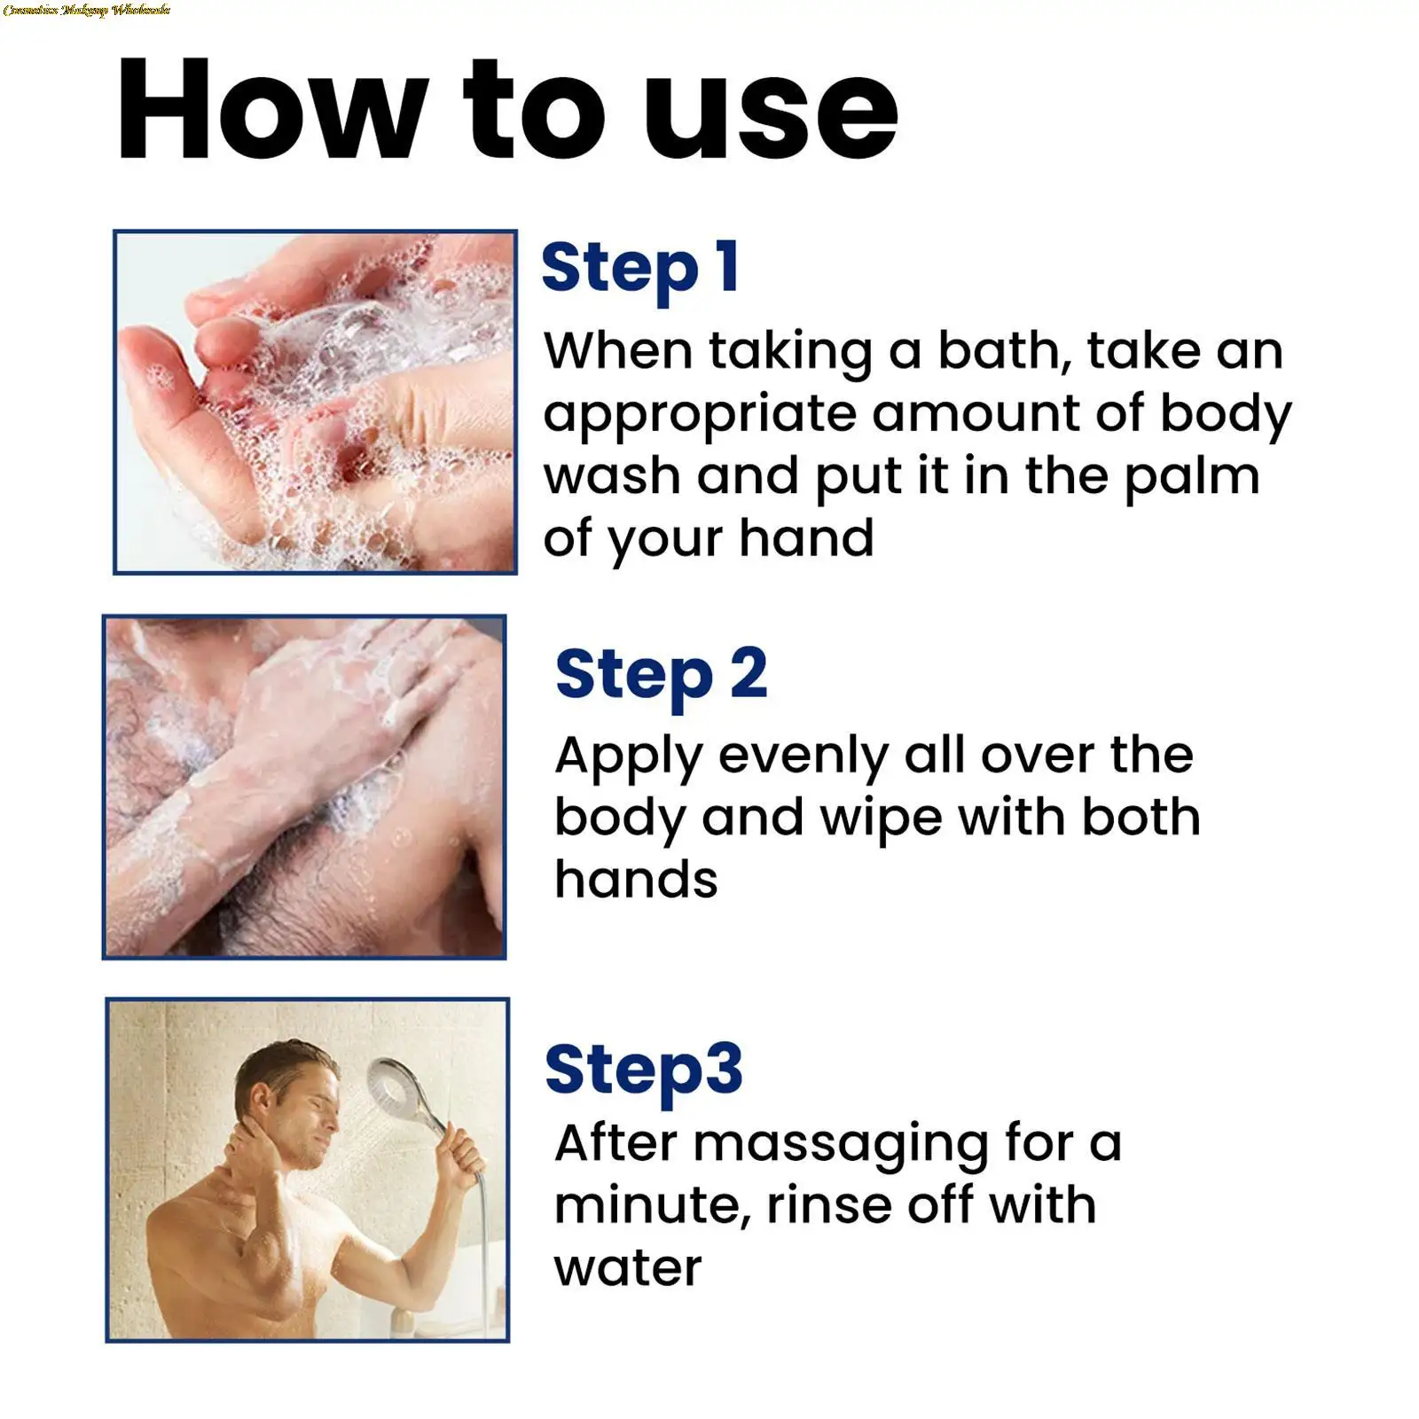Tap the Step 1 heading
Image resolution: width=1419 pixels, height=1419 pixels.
(x=640, y=268)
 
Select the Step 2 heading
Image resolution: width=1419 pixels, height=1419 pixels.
(x=661, y=675)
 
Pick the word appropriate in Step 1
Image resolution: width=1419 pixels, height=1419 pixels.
(x=699, y=415)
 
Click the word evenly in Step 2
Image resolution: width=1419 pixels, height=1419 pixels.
(x=803, y=757)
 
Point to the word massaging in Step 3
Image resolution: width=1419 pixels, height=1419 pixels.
(x=840, y=1144)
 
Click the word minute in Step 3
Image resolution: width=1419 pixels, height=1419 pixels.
(x=653, y=1206)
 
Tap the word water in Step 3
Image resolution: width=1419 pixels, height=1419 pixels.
(x=628, y=1268)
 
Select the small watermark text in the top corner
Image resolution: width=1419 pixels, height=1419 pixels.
(x=86, y=10)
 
